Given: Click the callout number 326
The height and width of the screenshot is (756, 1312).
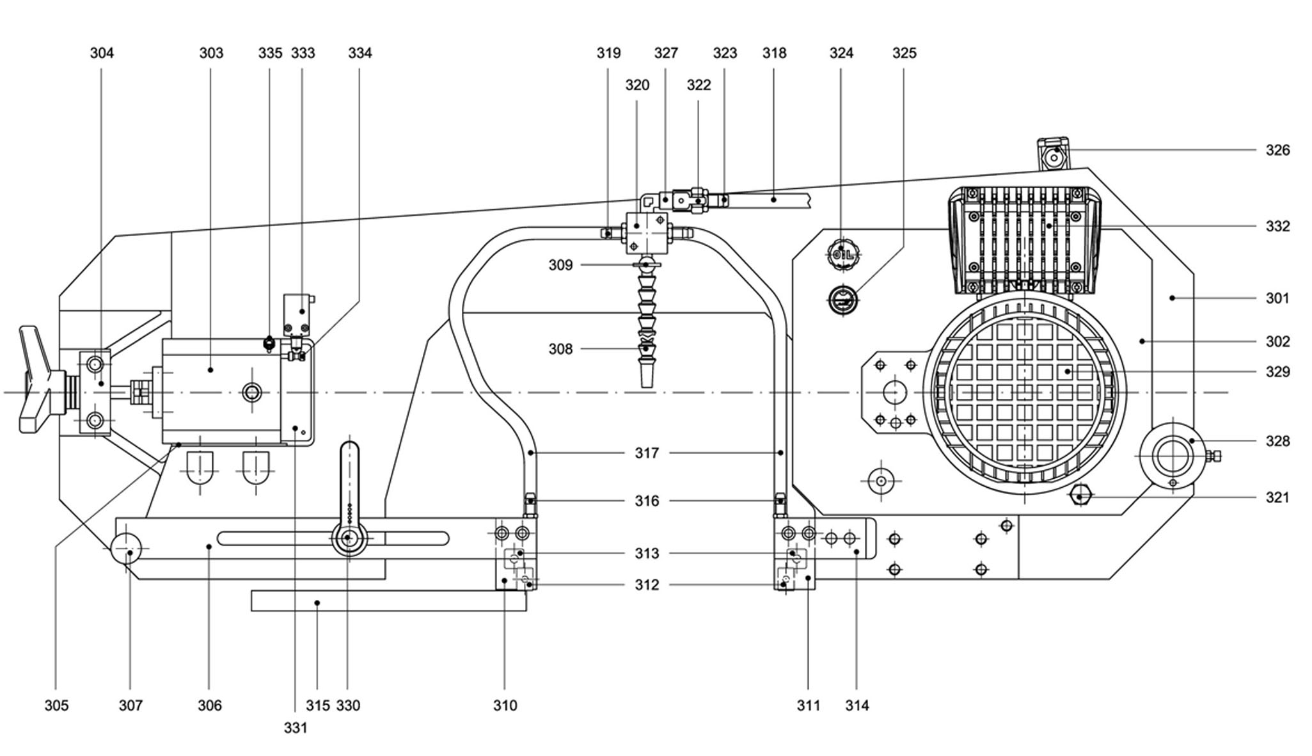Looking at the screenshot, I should [x=1277, y=150].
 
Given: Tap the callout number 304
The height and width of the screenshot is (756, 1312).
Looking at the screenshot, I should [x=102, y=53].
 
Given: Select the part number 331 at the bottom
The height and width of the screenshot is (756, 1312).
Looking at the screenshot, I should [x=296, y=728].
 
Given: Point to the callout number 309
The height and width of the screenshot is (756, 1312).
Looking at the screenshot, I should [x=560, y=265].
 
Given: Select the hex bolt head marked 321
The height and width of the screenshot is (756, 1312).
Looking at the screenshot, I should [x=1080, y=496].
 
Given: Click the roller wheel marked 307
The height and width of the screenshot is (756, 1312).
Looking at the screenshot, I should [x=127, y=549].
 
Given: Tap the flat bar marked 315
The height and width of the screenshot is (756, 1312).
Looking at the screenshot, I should [x=388, y=601].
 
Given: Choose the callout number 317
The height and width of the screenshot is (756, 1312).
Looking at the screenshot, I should [x=646, y=453].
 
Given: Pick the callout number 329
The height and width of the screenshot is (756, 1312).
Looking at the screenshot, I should [x=1277, y=372].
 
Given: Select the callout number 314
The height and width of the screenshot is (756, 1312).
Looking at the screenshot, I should [x=857, y=705].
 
